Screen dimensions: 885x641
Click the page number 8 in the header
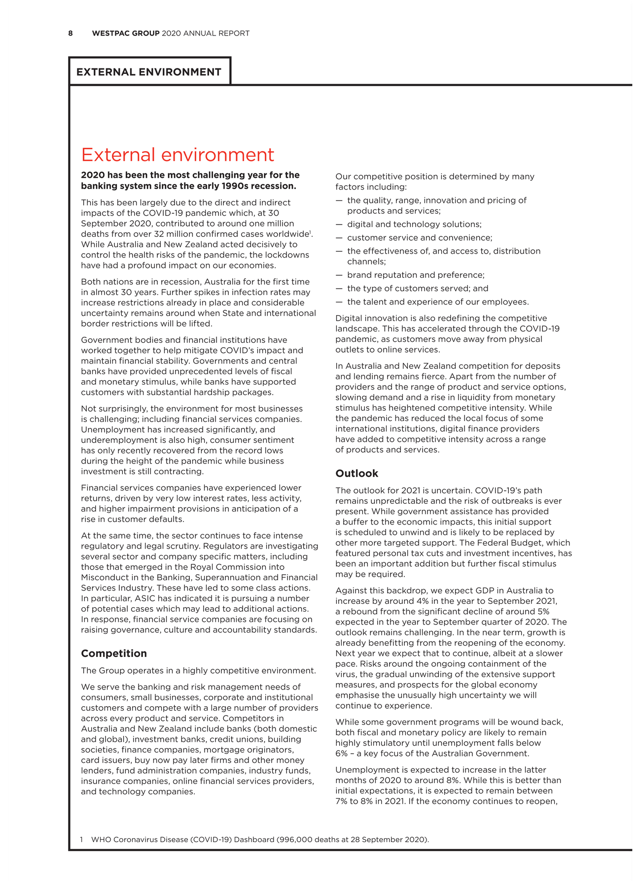[71, 33]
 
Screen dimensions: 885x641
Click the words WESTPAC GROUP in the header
[126, 33]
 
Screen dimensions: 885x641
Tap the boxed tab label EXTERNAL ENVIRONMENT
[149, 72]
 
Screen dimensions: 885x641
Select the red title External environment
[177, 155]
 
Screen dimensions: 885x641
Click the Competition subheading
[114, 654]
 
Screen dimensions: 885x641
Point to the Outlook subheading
[356, 474]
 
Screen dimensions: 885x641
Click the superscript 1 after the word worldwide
[310, 232]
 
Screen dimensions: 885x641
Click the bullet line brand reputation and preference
[416, 275]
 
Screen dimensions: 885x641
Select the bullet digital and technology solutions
[414, 224]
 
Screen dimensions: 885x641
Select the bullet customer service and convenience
[420, 238]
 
